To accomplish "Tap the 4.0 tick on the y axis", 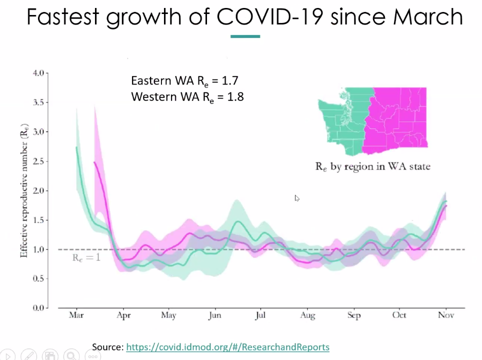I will (38, 73).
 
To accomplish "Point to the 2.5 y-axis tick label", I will (38, 161).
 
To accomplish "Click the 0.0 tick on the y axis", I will (38, 308).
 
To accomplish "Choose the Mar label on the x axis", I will (76, 315).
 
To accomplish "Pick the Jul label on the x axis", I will (260, 315).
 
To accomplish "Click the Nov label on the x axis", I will (445, 315).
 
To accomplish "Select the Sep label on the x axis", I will (353, 315).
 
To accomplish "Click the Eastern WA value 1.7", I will (235, 81).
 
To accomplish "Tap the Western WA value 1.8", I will (235, 97).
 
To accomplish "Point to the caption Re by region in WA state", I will (372, 166).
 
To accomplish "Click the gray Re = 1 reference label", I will (86, 258).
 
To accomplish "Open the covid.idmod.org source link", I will (227, 347).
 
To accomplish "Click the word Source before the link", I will (107, 347).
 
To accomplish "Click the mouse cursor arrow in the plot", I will (296, 198).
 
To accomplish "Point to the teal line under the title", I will (245, 36).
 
